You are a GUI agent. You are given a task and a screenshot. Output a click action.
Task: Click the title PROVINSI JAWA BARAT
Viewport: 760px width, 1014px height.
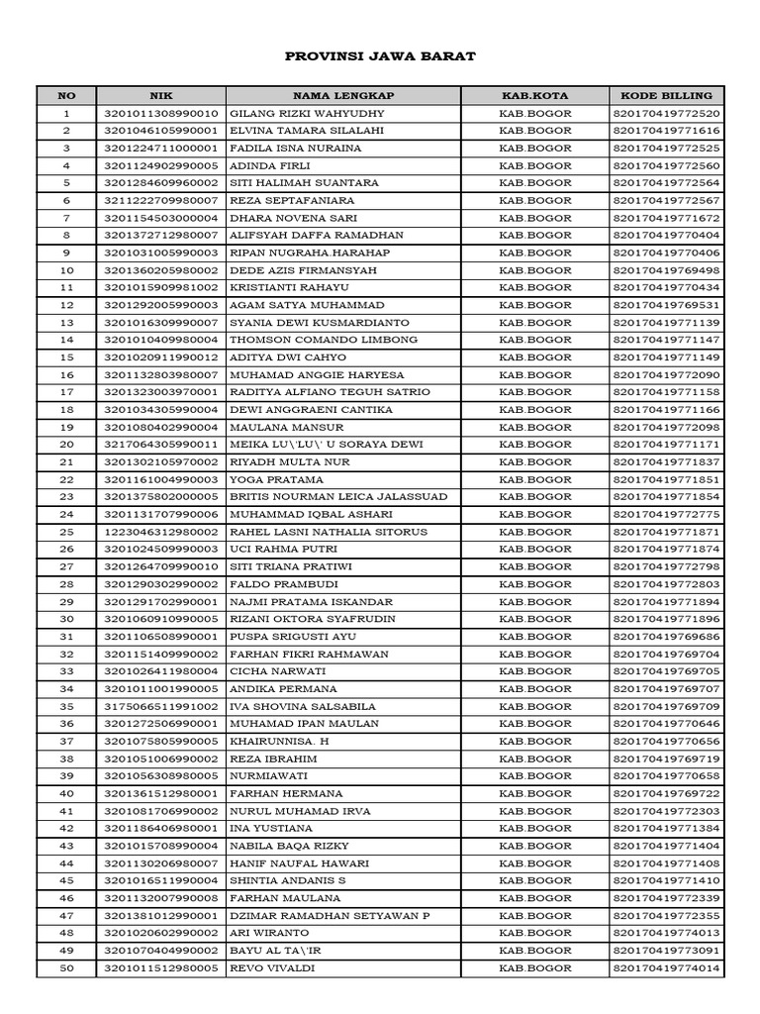pyautogui.click(x=380, y=56)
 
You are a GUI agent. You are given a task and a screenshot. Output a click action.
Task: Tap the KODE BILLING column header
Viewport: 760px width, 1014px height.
pyautogui.click(x=666, y=96)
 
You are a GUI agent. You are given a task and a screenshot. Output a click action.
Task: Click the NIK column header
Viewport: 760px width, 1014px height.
pyautogui.click(x=160, y=96)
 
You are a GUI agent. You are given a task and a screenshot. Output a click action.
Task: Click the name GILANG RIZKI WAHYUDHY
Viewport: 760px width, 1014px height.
pyautogui.click(x=294, y=113)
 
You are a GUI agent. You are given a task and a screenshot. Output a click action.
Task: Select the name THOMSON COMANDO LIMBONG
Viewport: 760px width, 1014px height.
pyautogui.click(x=310, y=340)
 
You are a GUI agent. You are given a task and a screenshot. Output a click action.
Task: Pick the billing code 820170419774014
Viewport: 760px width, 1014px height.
pyautogui.click(x=666, y=967)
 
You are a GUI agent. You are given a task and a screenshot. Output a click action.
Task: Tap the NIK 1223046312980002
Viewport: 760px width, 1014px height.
pyautogui.click(x=160, y=532)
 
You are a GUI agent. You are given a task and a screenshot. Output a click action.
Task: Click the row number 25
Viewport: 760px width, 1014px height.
pyautogui.click(x=66, y=532)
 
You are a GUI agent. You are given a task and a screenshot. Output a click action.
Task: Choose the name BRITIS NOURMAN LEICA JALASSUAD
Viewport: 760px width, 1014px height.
pyautogui.click(x=338, y=497)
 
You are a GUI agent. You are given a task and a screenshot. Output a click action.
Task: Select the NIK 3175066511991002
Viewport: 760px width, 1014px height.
pyautogui.click(x=160, y=706)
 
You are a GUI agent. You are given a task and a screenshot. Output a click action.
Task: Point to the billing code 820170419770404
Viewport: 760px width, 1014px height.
pyautogui.click(x=666, y=236)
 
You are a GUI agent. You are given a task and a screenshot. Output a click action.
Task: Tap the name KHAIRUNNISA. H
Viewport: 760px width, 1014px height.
pyautogui.click(x=279, y=741)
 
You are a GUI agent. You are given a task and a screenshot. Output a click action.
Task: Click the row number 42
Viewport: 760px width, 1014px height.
pyautogui.click(x=66, y=828)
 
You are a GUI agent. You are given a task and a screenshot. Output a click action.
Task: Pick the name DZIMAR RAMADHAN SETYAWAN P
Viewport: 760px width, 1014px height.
pyautogui.click(x=330, y=915)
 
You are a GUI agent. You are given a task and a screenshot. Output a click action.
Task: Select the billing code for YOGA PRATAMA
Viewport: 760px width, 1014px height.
pyautogui.click(x=666, y=479)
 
